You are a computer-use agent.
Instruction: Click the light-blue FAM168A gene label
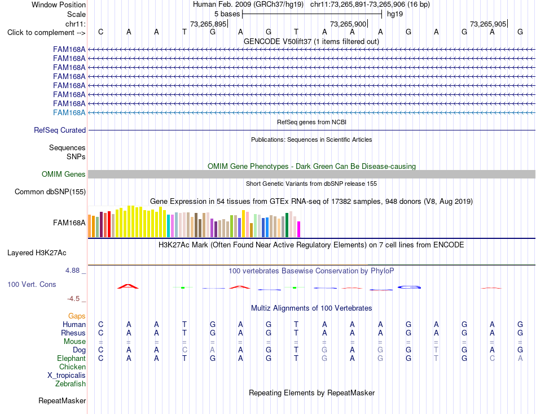69,112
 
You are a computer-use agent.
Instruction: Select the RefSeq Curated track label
60,130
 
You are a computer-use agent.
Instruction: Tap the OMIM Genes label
64,174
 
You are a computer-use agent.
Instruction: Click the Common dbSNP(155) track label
50,191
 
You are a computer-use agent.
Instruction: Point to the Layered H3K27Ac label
37,253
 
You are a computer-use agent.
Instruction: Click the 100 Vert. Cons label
32,284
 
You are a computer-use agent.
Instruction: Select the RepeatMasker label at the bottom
62,400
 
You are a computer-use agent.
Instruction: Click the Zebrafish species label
71,384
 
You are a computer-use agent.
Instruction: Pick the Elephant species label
72,358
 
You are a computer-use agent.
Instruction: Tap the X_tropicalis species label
67,376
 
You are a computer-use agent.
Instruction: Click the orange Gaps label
77,316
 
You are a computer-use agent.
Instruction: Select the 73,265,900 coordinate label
348,24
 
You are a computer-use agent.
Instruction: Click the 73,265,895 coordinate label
208,24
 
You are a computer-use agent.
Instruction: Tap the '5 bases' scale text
227,14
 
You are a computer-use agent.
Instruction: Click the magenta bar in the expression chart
299,229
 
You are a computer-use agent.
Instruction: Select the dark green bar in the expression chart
287,225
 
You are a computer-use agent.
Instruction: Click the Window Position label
59,5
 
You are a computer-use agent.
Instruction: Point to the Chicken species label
72,367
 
